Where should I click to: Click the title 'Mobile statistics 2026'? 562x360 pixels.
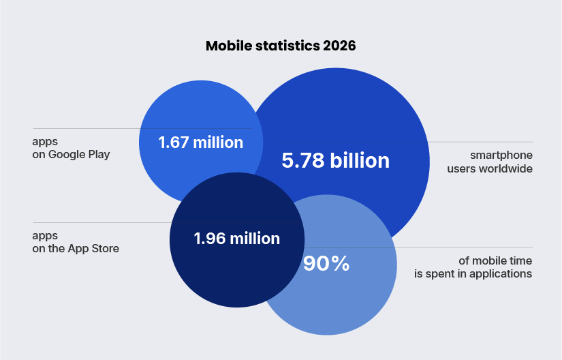(281, 46)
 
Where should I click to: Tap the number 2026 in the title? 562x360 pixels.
(339, 46)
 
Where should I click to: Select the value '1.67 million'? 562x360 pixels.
(200, 142)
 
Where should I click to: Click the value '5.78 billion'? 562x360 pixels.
(335, 161)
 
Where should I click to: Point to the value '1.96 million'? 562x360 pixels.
(236, 239)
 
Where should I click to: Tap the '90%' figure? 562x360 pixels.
(326, 264)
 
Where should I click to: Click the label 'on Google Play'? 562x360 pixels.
(71, 155)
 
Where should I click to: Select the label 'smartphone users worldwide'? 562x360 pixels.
(490, 162)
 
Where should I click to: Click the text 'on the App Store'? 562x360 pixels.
(76, 249)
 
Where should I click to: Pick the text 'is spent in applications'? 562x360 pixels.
(473, 274)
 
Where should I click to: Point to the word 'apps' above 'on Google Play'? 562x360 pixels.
(45, 142)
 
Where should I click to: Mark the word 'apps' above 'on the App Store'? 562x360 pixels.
(45, 236)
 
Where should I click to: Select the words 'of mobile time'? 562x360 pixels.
(496, 261)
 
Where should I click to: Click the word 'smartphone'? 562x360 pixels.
(501, 155)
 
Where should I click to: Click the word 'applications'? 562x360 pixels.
(501, 274)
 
